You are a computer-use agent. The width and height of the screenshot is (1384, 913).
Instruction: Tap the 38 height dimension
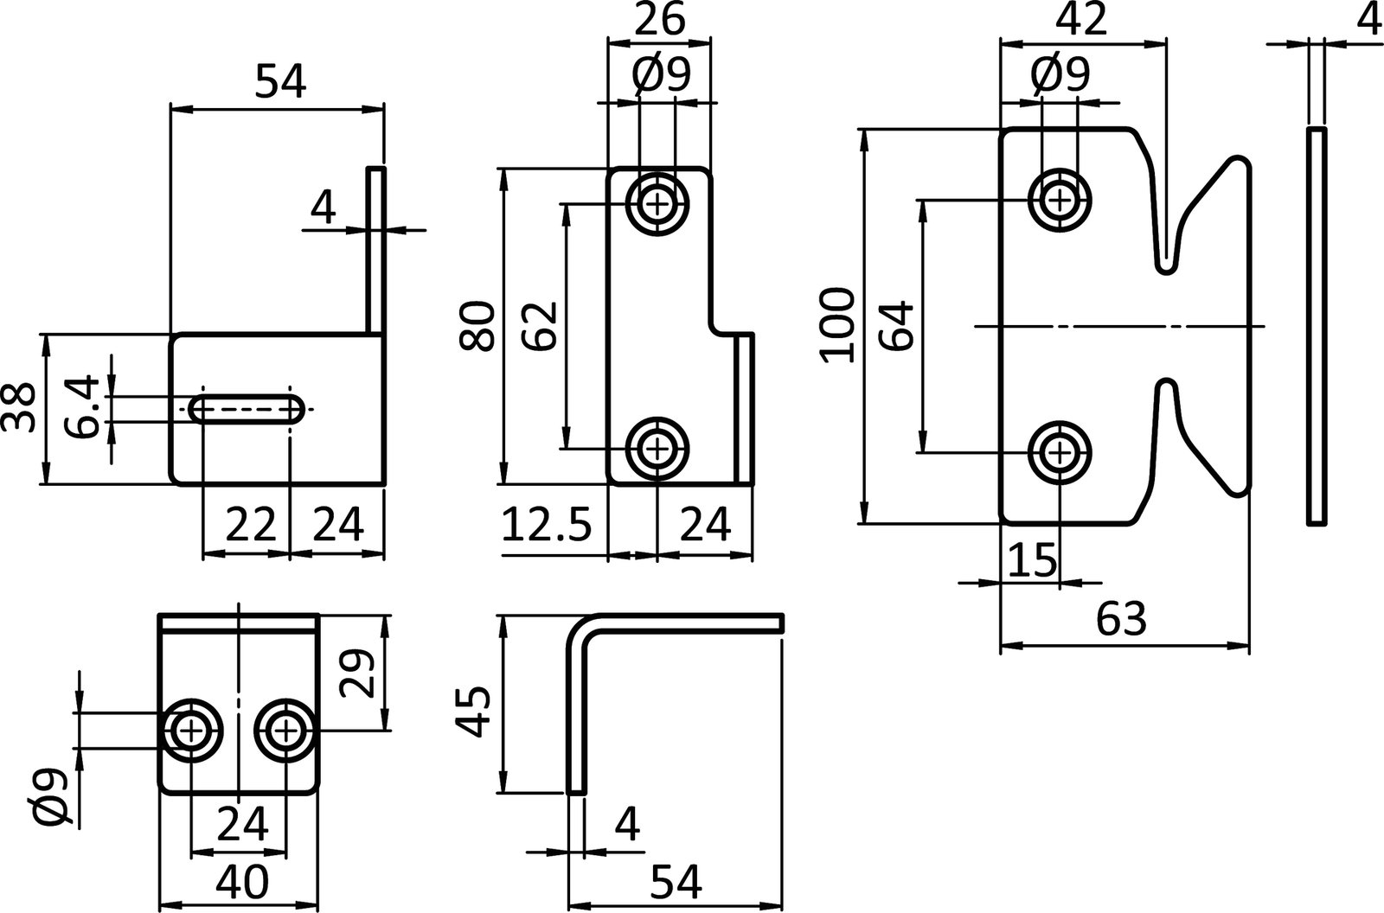click(20, 408)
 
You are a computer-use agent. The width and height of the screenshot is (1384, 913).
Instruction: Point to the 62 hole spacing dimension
click(541, 325)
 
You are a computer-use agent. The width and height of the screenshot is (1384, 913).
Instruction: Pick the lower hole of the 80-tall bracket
click(657, 449)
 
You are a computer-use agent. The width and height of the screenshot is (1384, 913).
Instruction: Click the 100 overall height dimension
click(836, 326)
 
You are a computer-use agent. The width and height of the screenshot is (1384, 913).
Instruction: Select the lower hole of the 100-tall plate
click(1059, 451)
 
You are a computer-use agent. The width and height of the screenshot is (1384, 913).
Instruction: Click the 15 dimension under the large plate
click(1032, 560)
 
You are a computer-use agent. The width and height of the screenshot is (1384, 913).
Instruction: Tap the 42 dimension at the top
click(1081, 19)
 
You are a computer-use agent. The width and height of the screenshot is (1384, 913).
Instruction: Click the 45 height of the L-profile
click(475, 711)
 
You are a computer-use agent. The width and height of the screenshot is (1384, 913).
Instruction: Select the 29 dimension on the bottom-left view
click(358, 673)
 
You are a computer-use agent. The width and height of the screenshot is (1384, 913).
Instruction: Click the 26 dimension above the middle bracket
click(659, 19)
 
